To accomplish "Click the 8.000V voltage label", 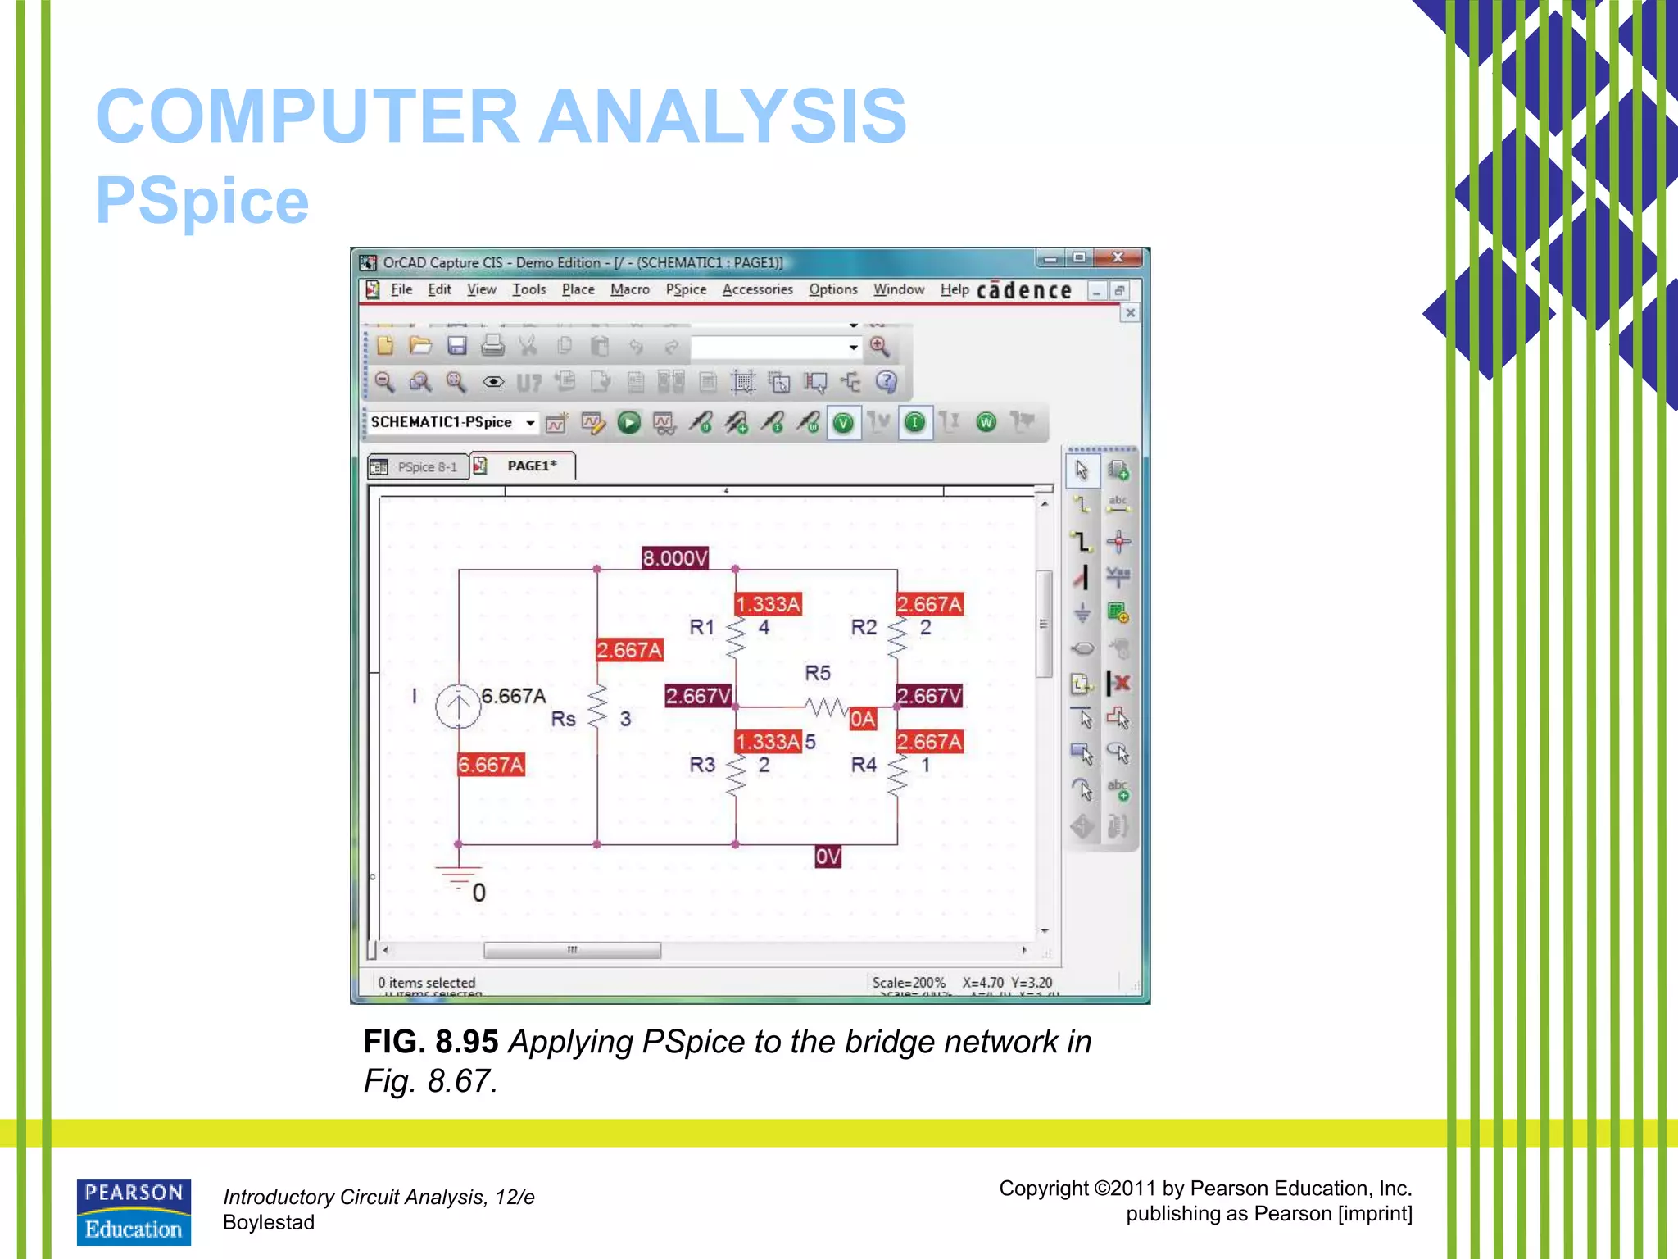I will tap(674, 558).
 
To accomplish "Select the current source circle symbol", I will tap(458, 706).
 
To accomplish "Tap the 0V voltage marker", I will tap(828, 857).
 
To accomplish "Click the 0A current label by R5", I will tap(863, 720).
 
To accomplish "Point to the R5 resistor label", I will tap(817, 673).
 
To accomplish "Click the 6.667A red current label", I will tap(491, 765).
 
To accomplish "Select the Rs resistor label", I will tap(563, 719).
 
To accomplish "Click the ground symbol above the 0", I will tap(458, 874).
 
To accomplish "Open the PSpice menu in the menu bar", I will tap(686, 289).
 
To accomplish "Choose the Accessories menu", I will tap(757, 289).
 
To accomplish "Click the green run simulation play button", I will tap(628, 423).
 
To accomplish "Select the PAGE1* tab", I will tap(531, 466).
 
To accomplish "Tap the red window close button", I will tap(1118, 257).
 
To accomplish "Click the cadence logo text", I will tap(1024, 291).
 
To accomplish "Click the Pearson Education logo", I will tap(134, 1211).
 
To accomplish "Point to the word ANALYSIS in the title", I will tap(723, 116).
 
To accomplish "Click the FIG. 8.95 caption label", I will tap(431, 1042).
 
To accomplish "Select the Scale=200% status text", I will tap(909, 982).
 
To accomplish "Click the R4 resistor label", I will tap(864, 765).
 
